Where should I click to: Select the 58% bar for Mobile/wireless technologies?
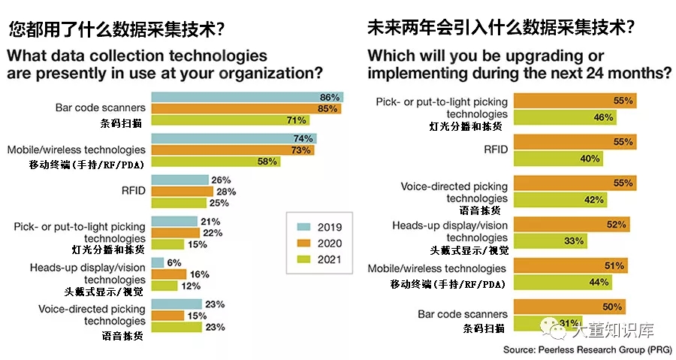[216, 162]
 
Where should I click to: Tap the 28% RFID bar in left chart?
[181, 191]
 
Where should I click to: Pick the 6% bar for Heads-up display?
[157, 262]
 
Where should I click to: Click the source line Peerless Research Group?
[588, 350]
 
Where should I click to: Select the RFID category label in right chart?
[495, 150]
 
